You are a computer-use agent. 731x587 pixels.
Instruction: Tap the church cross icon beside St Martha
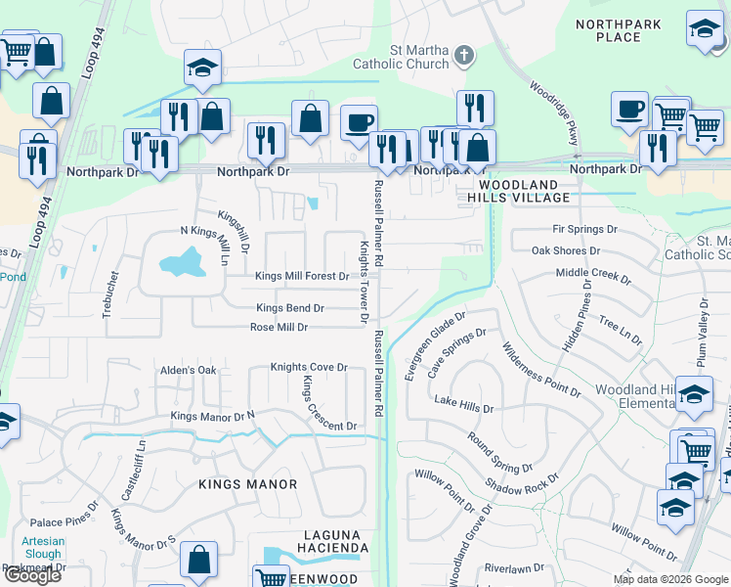465,57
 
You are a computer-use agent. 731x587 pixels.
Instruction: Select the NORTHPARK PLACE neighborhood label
618,31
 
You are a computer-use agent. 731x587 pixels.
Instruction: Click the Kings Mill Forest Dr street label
302,276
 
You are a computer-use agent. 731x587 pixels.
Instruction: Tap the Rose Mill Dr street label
279,328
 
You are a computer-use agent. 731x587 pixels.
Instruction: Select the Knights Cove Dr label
309,368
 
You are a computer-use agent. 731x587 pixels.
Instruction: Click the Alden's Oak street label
189,371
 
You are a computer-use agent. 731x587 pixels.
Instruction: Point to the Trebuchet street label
108,294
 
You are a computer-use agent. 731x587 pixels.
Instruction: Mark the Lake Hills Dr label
464,403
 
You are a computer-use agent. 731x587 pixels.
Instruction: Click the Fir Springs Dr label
584,230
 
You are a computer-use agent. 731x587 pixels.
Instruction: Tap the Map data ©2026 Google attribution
670,579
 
